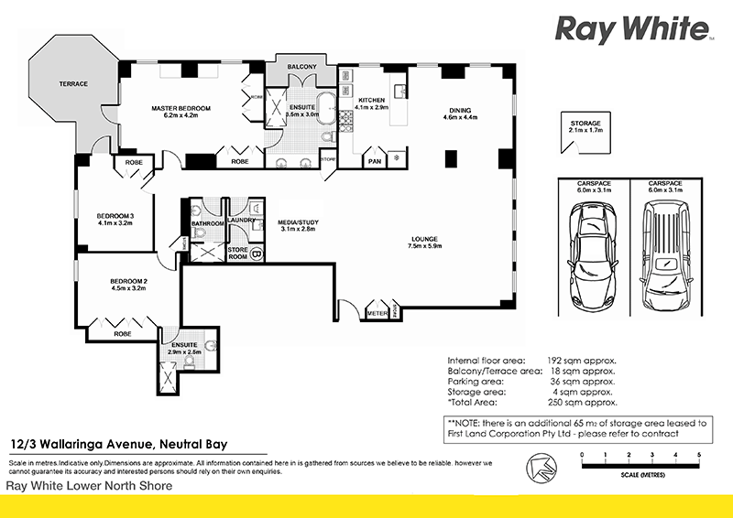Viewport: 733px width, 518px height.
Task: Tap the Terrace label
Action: [x=74, y=84]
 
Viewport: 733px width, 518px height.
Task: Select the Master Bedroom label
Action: [x=181, y=109]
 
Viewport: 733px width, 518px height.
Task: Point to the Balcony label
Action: [x=302, y=68]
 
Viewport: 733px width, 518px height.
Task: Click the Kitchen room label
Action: [x=370, y=100]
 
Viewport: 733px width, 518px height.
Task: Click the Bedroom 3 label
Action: [x=115, y=216]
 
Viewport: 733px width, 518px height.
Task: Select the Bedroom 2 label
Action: [x=128, y=281]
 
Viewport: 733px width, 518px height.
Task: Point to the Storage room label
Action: [x=585, y=123]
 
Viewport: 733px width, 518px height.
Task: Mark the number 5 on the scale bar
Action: [x=699, y=455]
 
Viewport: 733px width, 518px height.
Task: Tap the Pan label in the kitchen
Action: [x=374, y=162]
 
